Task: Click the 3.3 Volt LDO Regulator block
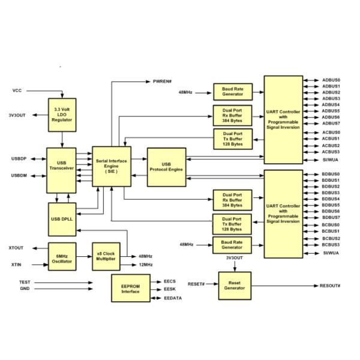62,114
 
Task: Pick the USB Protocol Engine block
166,167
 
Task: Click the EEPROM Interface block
130,288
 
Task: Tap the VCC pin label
17,91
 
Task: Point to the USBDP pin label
19,159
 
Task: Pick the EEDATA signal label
174,298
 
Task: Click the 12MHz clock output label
145,264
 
